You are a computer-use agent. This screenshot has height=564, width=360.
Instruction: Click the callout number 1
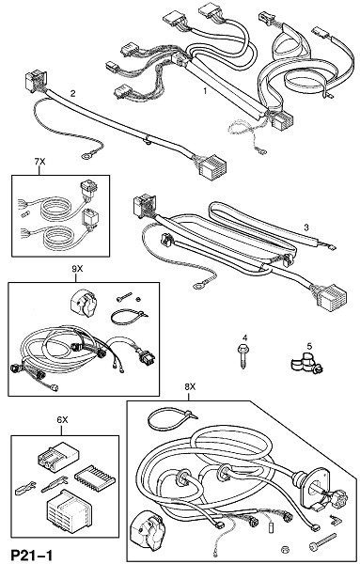click(x=205, y=91)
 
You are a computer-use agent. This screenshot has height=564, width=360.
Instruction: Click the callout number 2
click(x=73, y=94)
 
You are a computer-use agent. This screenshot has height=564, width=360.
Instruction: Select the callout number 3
click(x=306, y=227)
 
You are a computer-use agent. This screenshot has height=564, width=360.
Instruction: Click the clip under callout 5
click(x=306, y=363)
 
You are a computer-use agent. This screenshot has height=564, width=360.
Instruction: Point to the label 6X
click(x=62, y=420)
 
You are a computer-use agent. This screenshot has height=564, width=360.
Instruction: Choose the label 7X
click(x=39, y=162)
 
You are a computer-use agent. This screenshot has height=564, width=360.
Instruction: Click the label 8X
click(x=190, y=387)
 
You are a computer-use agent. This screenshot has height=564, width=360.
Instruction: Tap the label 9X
click(x=77, y=269)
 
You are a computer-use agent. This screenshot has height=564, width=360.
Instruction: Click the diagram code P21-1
click(x=32, y=555)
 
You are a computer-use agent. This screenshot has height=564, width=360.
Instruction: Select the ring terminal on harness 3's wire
click(x=198, y=286)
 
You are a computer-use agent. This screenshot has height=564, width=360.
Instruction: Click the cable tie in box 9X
click(x=129, y=318)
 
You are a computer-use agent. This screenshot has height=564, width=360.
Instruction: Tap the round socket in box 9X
click(x=82, y=302)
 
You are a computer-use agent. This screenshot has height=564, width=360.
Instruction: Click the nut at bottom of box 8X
click(x=285, y=549)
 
